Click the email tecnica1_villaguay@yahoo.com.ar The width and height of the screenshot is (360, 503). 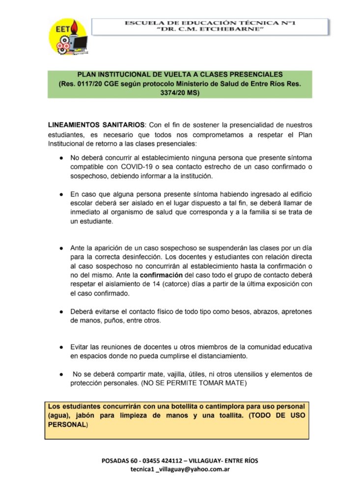coord(180,469)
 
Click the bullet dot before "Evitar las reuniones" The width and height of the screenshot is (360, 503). coord(61,347)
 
